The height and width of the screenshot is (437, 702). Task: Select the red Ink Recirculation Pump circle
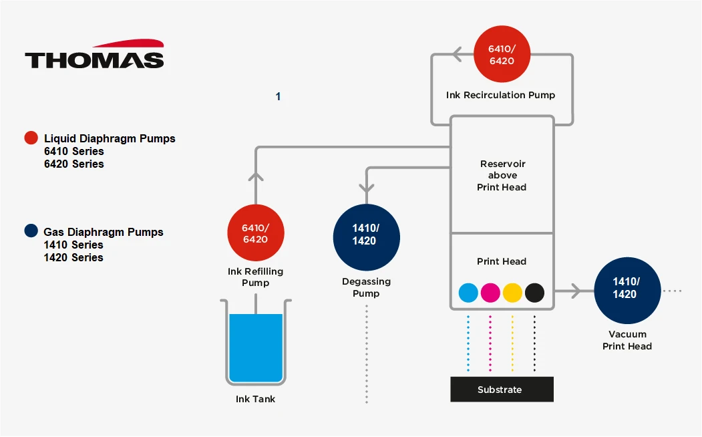[x=502, y=55]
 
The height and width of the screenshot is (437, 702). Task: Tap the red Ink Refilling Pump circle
[x=255, y=233]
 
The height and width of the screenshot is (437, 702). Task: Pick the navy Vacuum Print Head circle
[x=627, y=289]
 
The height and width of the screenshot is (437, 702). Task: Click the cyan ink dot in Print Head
[x=468, y=293]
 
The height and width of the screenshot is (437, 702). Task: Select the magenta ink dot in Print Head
[x=490, y=293]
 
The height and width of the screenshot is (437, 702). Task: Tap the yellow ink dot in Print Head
[x=512, y=293]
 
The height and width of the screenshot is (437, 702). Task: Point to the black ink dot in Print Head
[x=534, y=293]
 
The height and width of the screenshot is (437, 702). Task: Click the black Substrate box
[x=502, y=390]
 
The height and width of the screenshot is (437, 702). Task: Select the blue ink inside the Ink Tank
[x=255, y=347]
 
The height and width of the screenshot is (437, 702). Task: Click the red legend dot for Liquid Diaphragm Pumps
[x=31, y=138]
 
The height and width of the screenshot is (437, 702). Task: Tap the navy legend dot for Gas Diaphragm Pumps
[x=31, y=231]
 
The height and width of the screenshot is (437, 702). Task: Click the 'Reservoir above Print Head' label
[x=502, y=176]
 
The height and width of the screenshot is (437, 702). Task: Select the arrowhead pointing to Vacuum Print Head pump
[x=575, y=291]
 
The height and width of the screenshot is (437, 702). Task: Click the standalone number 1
[x=278, y=97]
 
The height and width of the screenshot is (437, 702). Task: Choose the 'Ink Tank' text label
[x=255, y=399]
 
